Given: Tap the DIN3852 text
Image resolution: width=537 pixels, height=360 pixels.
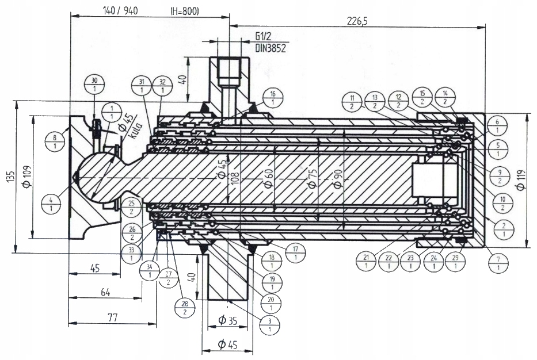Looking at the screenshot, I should pos(271,48).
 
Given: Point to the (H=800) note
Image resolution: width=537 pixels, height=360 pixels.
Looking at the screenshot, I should pos(185,11).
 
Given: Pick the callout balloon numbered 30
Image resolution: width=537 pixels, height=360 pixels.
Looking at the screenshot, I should pos(94,85).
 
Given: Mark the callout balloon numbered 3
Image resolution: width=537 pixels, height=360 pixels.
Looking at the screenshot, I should pos(269,325).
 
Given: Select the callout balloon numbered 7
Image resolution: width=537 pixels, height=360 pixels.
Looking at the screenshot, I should pos(498,262).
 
